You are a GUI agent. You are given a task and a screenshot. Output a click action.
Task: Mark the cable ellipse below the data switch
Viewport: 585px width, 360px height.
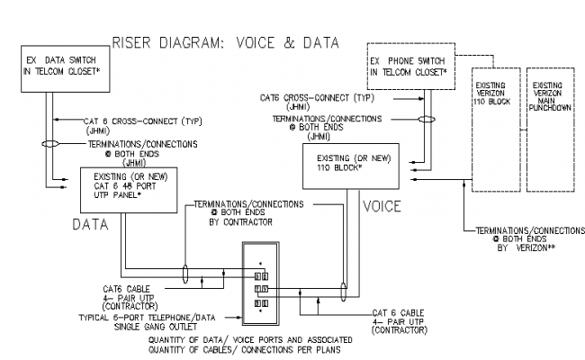[54, 143]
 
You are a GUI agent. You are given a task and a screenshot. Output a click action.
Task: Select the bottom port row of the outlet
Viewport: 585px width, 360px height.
[260, 304]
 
